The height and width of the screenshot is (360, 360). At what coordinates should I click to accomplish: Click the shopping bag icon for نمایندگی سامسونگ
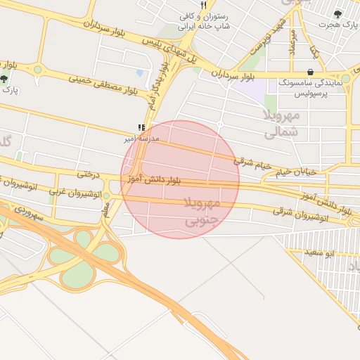(311, 72)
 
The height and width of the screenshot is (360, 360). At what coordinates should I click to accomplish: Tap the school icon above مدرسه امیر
(141, 128)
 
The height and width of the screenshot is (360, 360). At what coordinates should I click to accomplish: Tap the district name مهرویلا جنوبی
(202, 212)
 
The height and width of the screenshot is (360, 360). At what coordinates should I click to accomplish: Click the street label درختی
(89, 173)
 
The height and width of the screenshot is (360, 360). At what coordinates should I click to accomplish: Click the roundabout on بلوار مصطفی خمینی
(37, 70)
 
